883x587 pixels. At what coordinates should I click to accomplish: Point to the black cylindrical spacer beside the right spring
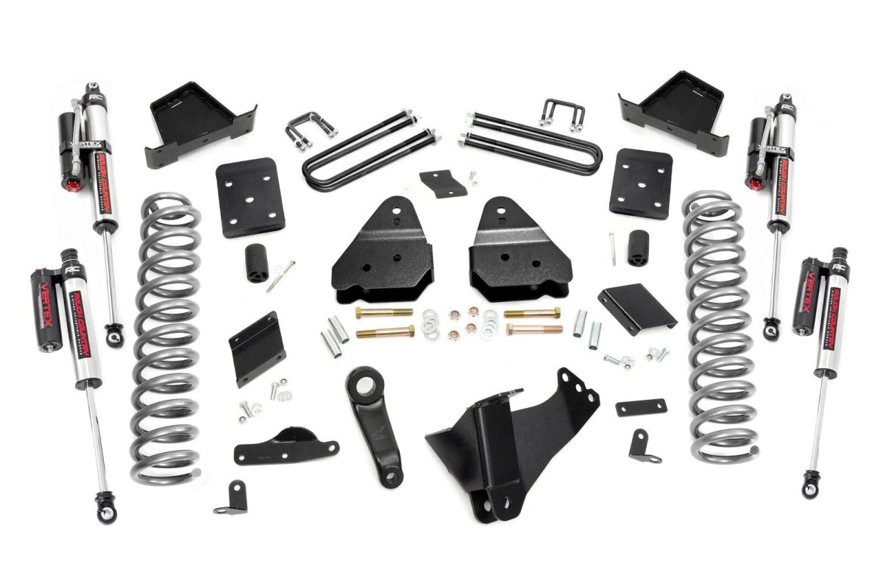(637, 247)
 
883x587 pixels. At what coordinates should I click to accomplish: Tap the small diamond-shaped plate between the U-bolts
(444, 183)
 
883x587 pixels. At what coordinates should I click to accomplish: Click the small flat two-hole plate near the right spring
(641, 407)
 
